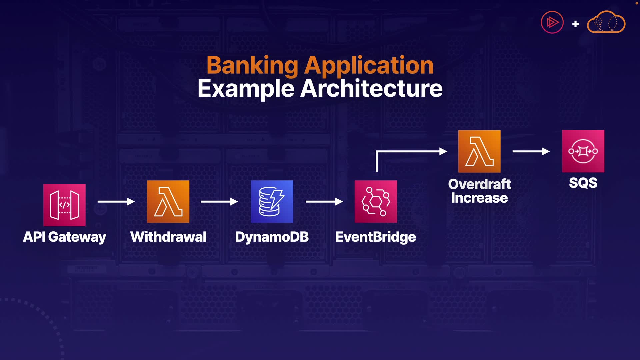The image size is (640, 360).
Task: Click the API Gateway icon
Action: [x=64, y=205]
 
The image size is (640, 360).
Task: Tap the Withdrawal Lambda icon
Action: [x=168, y=201]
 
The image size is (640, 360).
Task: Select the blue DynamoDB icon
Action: [x=272, y=201]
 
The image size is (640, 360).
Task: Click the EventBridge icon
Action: [x=376, y=201]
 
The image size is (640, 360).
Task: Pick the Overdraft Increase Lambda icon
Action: [x=479, y=151]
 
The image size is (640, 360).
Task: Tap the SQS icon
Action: [x=583, y=151]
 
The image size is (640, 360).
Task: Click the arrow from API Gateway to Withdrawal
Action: [x=116, y=201]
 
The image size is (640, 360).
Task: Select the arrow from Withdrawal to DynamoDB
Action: [x=219, y=201]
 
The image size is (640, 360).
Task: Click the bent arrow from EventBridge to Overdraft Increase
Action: [x=410, y=152]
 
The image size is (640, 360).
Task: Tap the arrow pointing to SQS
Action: [x=531, y=151]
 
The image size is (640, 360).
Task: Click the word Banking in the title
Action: [x=252, y=65]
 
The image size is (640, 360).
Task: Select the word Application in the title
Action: [x=369, y=65]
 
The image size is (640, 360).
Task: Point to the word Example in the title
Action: [x=246, y=89]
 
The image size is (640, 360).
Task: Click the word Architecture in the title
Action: [x=371, y=89]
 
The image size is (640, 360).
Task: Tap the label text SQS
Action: [x=583, y=183]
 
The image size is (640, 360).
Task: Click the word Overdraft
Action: [x=479, y=184]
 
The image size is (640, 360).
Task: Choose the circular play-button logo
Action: [x=552, y=22]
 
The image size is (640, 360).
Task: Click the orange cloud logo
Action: [x=606, y=23]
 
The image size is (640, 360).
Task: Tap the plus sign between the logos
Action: [x=575, y=24]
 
